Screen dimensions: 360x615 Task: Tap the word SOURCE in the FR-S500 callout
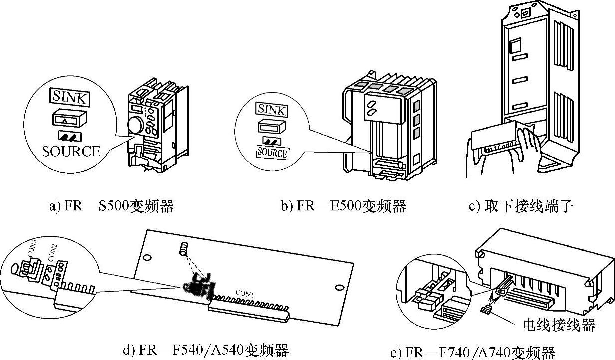pos(71,151)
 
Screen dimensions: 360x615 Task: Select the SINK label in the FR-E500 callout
pos(271,109)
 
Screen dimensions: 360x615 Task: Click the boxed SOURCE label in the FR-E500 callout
pos(272,152)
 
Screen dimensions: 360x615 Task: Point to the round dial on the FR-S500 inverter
pos(136,125)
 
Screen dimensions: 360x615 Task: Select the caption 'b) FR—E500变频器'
pos(343,206)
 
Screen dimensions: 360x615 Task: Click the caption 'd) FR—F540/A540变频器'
pos(206,349)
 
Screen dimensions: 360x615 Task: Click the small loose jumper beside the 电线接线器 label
pos(484,310)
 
